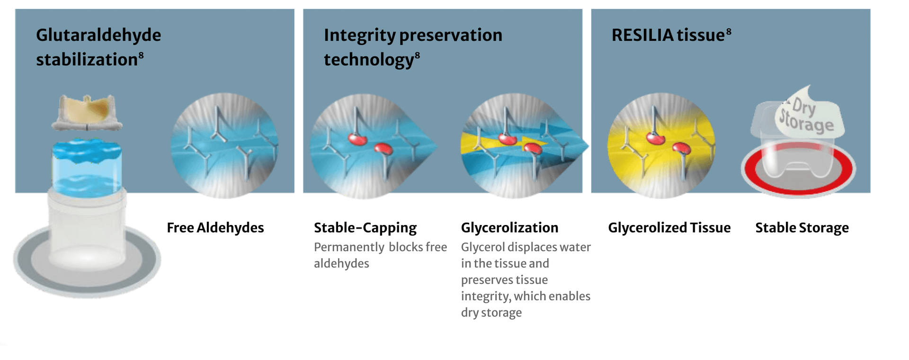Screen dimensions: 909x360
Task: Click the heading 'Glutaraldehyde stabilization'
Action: [98, 47]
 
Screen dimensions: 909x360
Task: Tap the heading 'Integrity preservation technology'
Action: [413, 47]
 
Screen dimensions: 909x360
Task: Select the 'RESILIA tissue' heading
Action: [671, 35]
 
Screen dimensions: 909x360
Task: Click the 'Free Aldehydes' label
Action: [215, 228]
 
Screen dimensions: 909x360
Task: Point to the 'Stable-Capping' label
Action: [365, 228]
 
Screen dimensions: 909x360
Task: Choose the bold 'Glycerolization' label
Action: [509, 228]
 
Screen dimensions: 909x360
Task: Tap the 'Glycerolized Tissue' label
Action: [669, 228]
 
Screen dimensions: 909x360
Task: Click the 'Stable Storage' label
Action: [802, 228]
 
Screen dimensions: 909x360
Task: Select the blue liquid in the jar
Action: [87, 166]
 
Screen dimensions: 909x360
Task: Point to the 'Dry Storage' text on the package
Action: [807, 116]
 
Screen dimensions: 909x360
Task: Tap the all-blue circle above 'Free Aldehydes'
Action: [224, 145]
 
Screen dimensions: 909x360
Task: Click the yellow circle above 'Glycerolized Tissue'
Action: [661, 145]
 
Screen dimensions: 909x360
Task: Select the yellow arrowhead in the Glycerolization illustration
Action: [535, 142]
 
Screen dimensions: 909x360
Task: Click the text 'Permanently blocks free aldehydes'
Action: [380, 255]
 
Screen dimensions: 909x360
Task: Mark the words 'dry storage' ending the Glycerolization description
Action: [491, 313]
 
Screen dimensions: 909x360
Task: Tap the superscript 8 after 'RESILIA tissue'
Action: [729, 31]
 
